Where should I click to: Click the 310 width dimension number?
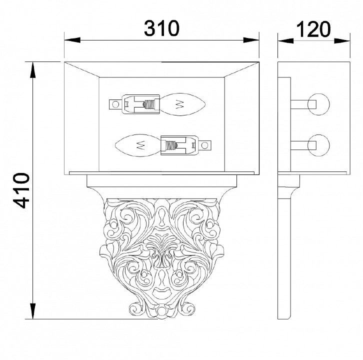tap(161, 28)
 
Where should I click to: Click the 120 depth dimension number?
tap(313, 29)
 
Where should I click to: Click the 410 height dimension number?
tap(21, 190)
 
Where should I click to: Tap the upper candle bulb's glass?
tap(183, 104)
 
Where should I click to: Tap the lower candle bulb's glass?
tap(137, 145)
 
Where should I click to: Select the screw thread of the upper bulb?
tap(149, 104)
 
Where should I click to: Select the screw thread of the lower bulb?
tap(171, 145)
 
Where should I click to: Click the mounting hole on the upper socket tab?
tap(115, 104)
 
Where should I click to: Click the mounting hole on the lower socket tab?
tap(204, 145)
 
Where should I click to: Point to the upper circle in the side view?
tap(318, 104)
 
